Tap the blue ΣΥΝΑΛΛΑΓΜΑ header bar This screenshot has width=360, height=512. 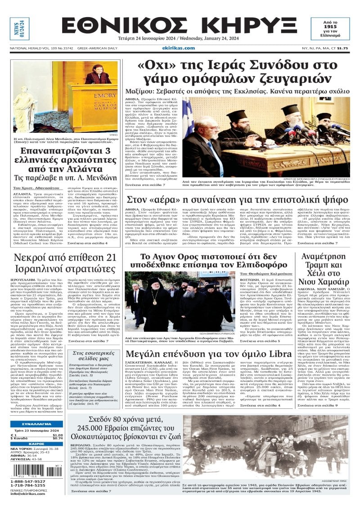(x=36, y=424)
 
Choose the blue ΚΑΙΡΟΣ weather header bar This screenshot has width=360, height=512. (x=36, y=444)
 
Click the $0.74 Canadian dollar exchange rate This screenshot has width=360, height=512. (x=58, y=438)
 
